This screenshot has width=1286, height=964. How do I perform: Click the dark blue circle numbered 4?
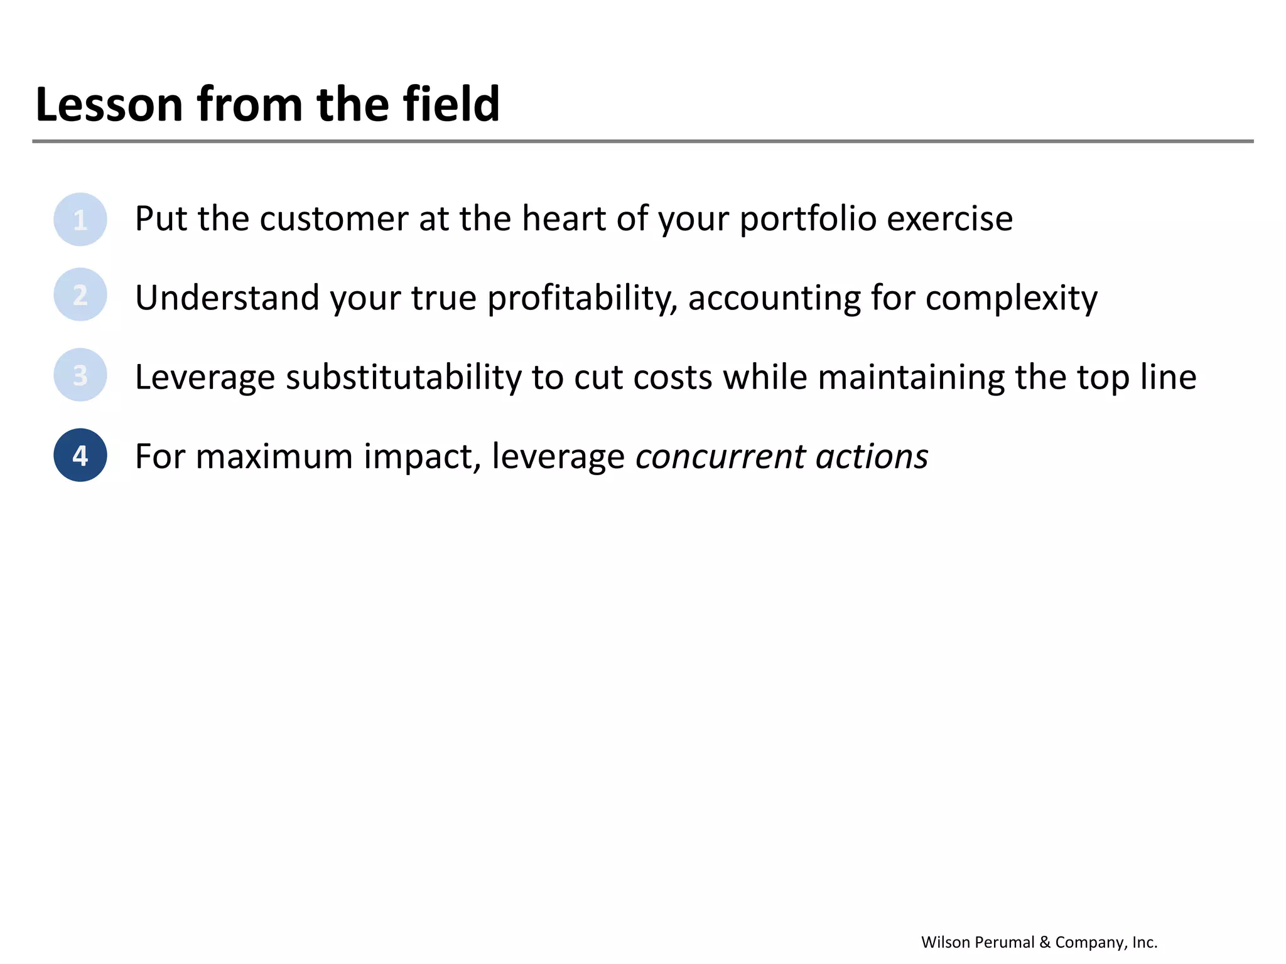(80, 455)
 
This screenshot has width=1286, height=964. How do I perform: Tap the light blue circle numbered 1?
(80, 219)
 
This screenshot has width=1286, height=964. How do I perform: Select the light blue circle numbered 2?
(80, 294)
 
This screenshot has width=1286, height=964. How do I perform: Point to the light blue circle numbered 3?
(80, 375)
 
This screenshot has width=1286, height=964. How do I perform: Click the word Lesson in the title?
(109, 104)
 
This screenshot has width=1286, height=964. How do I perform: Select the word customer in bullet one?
(334, 219)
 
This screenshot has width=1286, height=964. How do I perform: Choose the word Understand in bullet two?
(227, 297)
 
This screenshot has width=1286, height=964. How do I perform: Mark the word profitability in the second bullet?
(582, 297)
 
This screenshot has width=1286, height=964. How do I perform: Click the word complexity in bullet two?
(1011, 297)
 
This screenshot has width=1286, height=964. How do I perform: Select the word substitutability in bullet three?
(403, 377)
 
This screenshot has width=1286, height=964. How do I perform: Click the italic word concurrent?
(720, 456)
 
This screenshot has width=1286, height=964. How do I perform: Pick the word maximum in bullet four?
(274, 456)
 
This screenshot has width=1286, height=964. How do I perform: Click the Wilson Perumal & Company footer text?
(1039, 942)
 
